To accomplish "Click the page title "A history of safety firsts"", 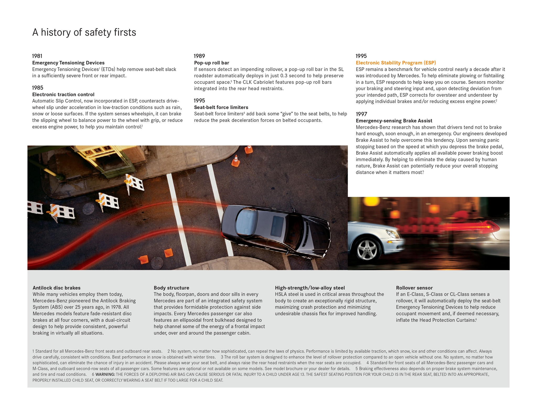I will tap(84, 33).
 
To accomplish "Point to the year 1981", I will tap(37, 56).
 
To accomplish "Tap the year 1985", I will tap(37, 88).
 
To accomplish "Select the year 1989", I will tap(199, 56).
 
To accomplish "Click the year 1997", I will tap(361, 114).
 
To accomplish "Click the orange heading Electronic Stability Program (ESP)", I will tap(396, 63).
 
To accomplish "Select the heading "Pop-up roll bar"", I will tap(212, 63).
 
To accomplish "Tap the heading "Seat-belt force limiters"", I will tap(221, 107).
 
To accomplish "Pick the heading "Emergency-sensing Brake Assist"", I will tap(394, 121).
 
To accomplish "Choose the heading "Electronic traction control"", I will tap(63, 94).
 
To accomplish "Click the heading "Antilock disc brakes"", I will tap(57, 288).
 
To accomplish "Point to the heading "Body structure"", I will tap(171, 288).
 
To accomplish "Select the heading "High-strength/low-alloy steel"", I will tap(310, 288).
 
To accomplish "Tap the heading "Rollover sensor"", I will tap(414, 288).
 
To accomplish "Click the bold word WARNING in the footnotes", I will tap(105, 374).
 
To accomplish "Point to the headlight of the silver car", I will tap(390, 233).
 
